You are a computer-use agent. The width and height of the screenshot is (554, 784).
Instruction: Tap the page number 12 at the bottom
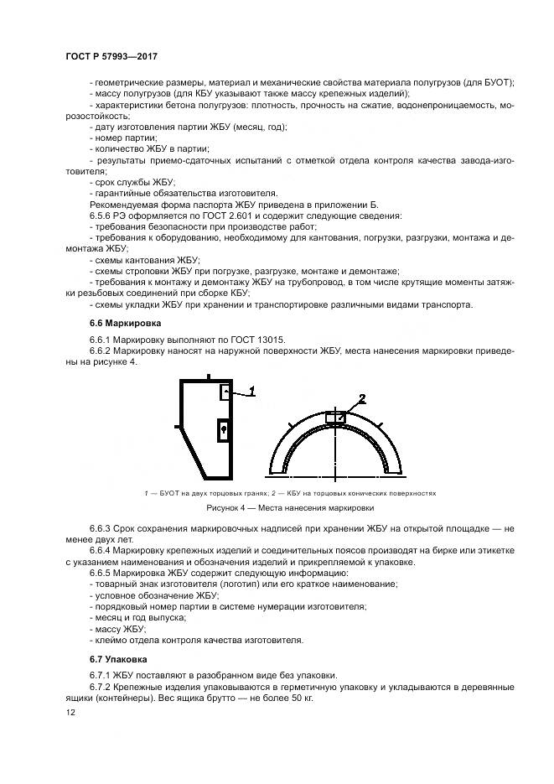coord(70,711)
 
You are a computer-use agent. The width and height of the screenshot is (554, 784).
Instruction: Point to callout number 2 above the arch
coord(361,397)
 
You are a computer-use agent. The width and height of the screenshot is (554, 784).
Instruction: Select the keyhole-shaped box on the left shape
coord(223,429)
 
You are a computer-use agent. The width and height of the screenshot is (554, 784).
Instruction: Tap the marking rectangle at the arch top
coord(334,417)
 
